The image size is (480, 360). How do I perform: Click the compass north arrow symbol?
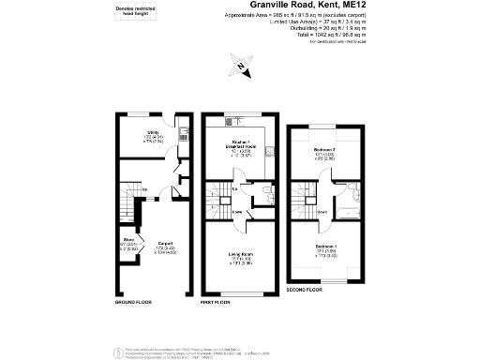pos(240,67)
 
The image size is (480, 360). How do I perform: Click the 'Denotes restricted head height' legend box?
pos(137,12)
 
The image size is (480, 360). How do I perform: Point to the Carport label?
pos(165,247)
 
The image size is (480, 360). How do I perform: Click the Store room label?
pos(127,246)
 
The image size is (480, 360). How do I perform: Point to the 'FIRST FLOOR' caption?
pos(217,303)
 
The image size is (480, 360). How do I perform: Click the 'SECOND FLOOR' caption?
pos(305,291)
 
